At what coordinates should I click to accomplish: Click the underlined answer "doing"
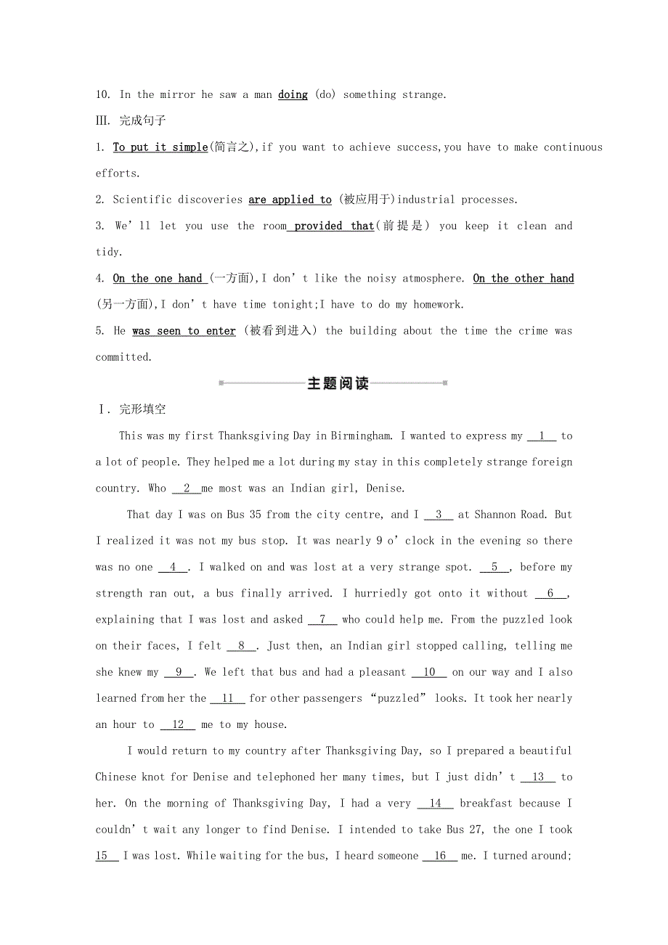[293, 94]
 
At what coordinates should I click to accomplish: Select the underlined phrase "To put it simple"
[160, 147]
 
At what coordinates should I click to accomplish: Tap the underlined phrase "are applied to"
[290, 200]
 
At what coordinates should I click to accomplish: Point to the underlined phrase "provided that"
[333, 226]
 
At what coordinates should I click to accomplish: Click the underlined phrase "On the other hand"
[524, 278]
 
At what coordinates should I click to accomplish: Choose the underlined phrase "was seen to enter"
[184, 331]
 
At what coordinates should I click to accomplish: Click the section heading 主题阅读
[338, 383]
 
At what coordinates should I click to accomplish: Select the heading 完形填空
[142, 409]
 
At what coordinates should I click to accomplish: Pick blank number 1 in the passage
[542, 435]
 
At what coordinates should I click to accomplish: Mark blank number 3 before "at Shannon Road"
[439, 515]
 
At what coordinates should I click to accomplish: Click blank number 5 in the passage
[494, 567]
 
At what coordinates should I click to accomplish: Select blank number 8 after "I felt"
[242, 645]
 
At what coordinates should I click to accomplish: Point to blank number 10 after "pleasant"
[429, 672]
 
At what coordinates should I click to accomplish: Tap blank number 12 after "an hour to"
[178, 724]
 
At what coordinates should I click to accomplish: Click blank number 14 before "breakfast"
[436, 803]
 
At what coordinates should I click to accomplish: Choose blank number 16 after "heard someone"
[440, 856]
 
